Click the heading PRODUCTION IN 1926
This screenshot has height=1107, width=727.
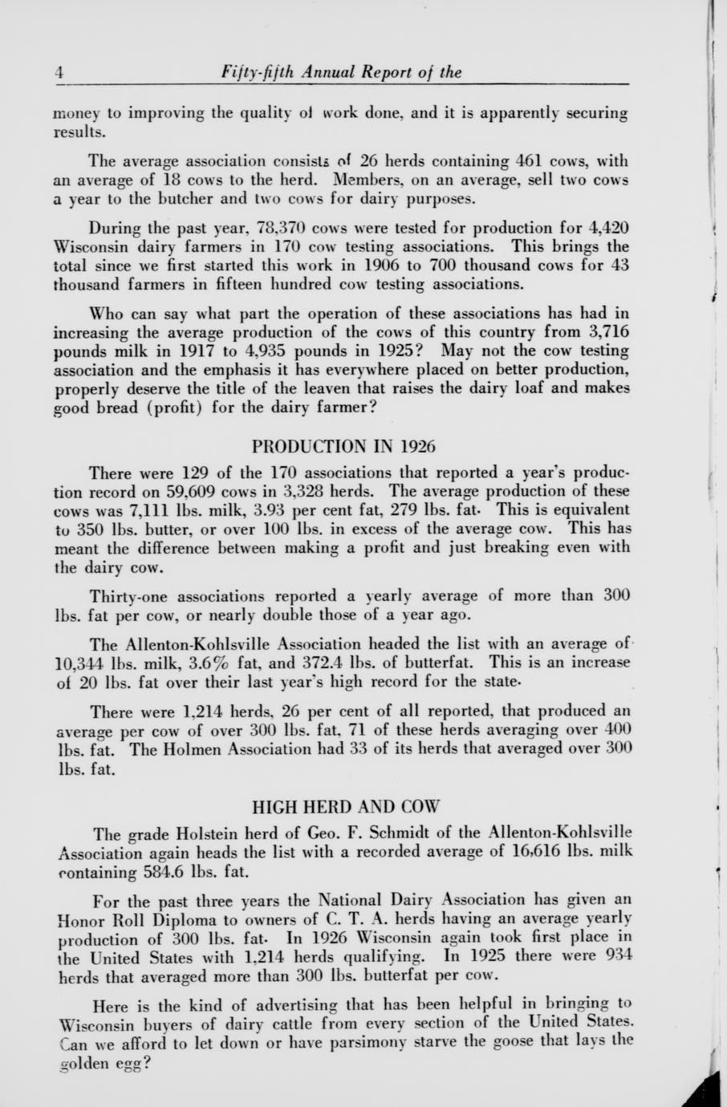[343, 445]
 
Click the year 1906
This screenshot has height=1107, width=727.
[393, 266]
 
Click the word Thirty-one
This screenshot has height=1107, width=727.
[128, 596]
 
